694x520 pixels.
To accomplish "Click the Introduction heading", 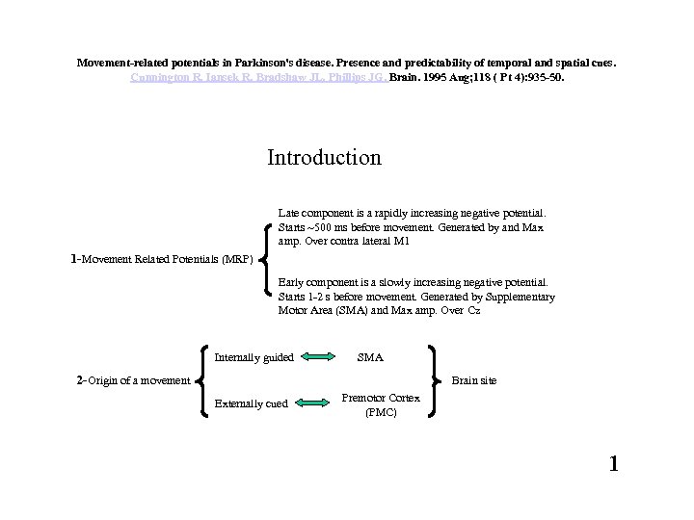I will (324, 157).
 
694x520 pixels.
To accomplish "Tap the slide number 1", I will (613, 464).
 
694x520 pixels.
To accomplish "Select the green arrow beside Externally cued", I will (314, 403).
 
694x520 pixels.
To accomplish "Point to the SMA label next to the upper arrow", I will (370, 357).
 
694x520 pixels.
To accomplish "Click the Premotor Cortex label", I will (380, 397).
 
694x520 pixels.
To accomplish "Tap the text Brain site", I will (474, 380).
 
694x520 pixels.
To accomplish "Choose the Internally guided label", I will (254, 357).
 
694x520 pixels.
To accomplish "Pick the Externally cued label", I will (251, 403).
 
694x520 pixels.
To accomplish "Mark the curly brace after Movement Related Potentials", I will (265, 257).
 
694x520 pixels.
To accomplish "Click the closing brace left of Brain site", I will (434, 380).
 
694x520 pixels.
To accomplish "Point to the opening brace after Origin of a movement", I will (202, 380).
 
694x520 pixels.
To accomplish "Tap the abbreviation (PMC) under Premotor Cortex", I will (380, 411).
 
